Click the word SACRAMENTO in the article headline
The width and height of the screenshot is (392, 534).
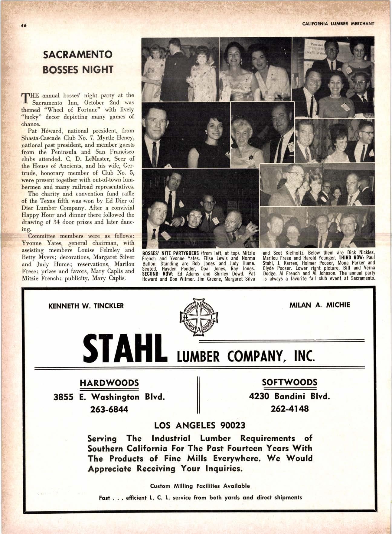pyautogui.click(x=78, y=55)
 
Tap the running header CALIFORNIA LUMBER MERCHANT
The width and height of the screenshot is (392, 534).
pyautogui.click(x=338, y=24)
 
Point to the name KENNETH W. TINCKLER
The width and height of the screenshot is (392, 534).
pyautogui.click(x=86, y=306)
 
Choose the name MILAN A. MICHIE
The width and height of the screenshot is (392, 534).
pyautogui.click(x=320, y=305)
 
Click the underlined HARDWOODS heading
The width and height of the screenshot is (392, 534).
pyautogui.click(x=109, y=382)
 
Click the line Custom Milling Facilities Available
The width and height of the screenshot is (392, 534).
pyautogui.click(x=200, y=486)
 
